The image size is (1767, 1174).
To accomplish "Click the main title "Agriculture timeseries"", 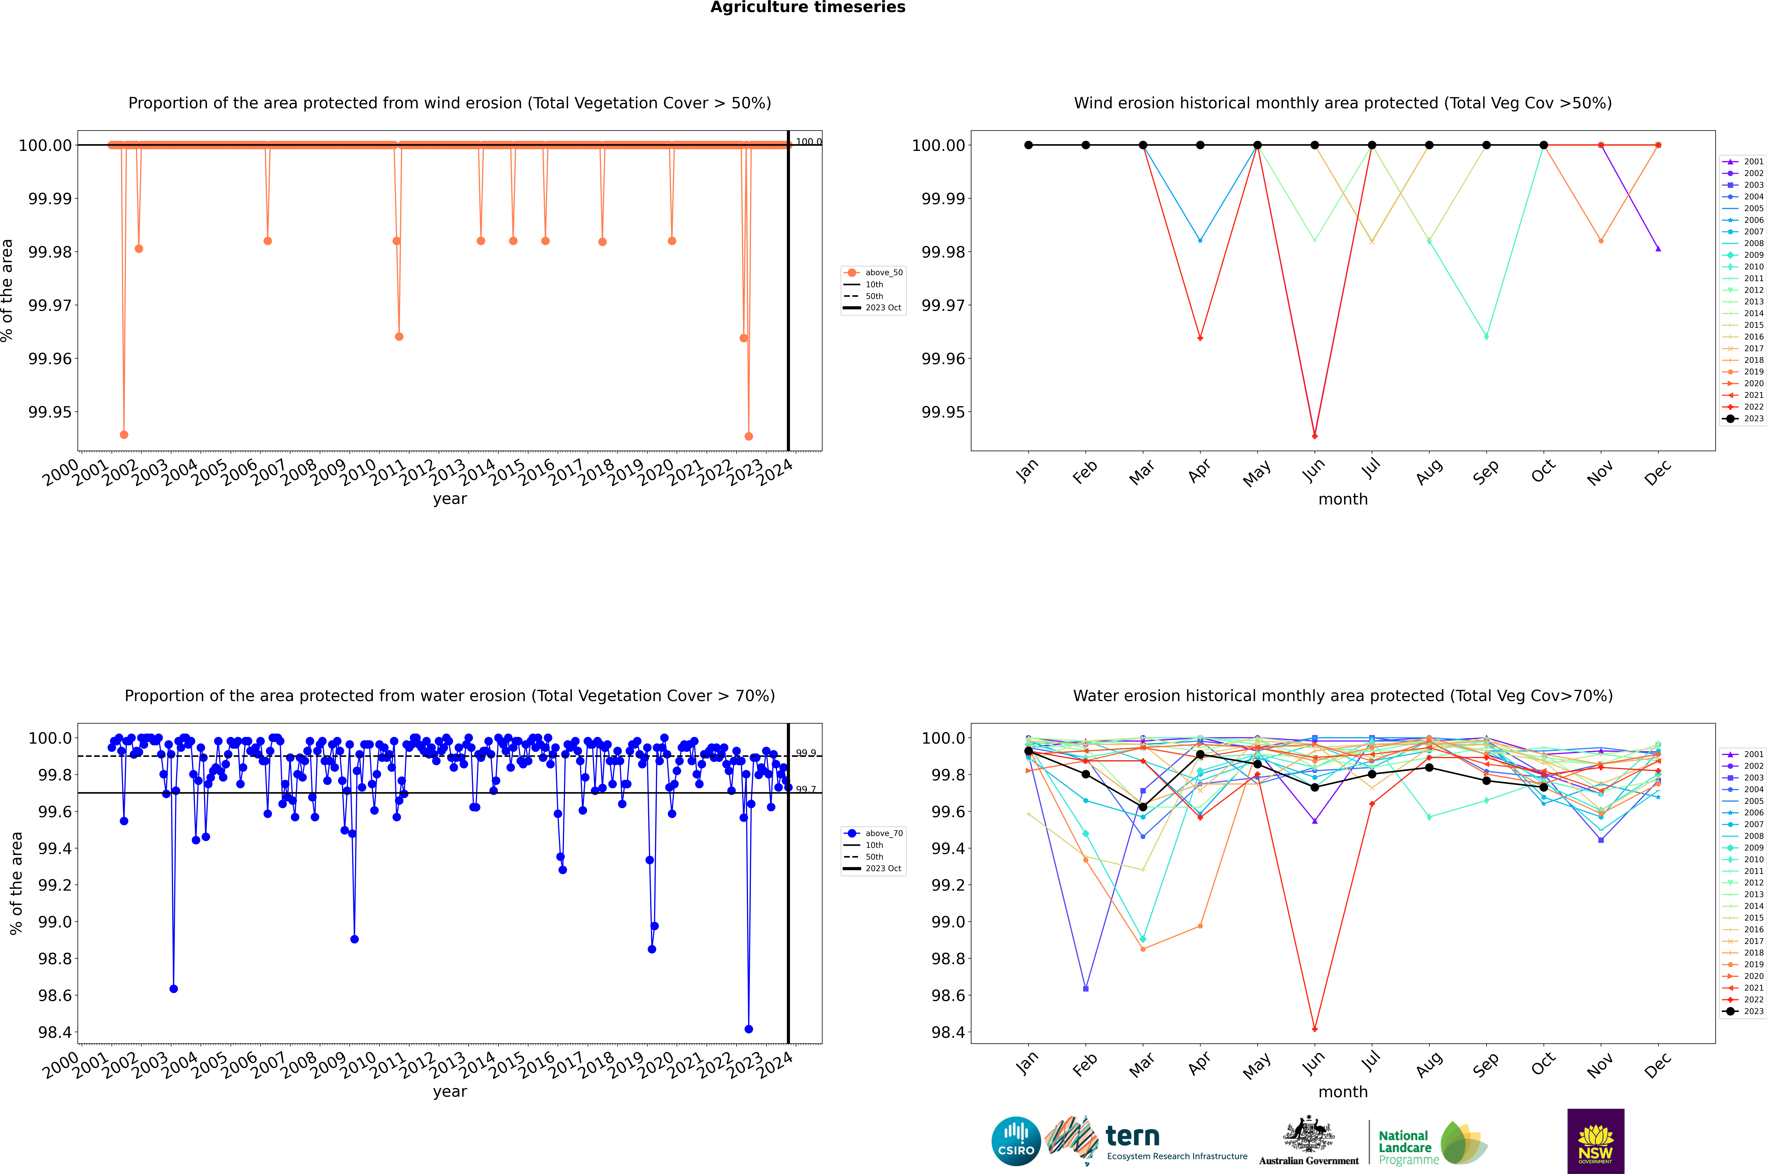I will (x=807, y=7).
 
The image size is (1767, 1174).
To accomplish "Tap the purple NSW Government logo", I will (x=1595, y=1141).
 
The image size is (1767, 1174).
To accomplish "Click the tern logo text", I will (x=1133, y=1137).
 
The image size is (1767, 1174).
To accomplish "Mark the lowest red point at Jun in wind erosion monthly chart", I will (x=1315, y=436).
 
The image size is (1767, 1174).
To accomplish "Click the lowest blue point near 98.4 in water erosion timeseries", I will (x=748, y=1029).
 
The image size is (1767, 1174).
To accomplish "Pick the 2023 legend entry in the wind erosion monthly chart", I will (x=1744, y=418).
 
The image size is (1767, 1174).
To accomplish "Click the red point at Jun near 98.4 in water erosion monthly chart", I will (x=1315, y=1029).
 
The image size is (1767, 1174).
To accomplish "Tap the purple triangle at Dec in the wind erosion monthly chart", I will (x=1658, y=249).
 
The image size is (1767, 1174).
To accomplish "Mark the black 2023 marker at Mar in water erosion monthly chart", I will (x=1142, y=807).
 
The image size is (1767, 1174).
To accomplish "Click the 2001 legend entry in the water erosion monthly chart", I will (x=1744, y=754).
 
